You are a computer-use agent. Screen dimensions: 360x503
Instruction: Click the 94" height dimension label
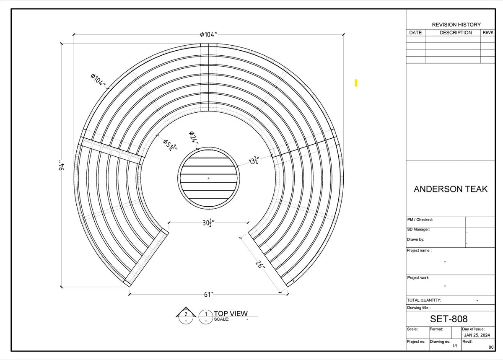[62, 166]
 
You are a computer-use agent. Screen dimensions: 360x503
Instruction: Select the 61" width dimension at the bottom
[208, 295]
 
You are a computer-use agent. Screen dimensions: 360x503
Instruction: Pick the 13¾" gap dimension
[254, 161]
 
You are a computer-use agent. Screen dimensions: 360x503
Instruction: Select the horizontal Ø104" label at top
[208, 34]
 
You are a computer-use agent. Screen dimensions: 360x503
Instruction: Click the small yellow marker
[356, 83]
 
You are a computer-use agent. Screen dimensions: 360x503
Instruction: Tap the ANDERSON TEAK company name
[451, 189]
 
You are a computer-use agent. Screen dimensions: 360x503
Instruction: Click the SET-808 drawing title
[449, 319]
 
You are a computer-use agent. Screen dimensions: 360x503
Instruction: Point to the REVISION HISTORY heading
[456, 25]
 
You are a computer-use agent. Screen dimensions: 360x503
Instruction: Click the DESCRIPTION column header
[455, 33]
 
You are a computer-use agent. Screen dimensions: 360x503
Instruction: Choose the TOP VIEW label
[231, 313]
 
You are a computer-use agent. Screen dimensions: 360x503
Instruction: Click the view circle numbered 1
[206, 314]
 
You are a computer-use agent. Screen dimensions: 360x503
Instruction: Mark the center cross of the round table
[209, 179]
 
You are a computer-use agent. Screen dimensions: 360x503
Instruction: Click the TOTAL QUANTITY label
[424, 300]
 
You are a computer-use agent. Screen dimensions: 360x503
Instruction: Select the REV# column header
[488, 33]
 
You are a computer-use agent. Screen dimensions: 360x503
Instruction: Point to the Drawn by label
[415, 240]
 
